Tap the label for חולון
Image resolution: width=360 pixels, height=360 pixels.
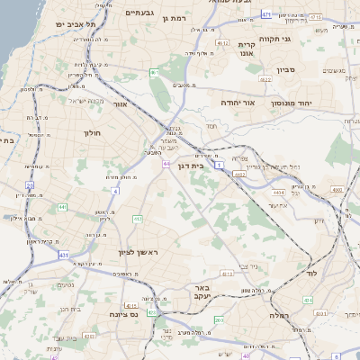[x=93, y=132]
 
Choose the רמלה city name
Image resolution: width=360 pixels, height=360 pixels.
[x=278, y=316]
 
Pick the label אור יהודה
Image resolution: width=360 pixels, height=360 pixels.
[x=238, y=103]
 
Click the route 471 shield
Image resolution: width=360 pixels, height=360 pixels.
[x=265, y=14]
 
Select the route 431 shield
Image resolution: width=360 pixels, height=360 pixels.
[x=64, y=255]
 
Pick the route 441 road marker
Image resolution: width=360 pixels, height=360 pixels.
[x=62, y=207]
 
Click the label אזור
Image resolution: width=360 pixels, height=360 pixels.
[x=120, y=103]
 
